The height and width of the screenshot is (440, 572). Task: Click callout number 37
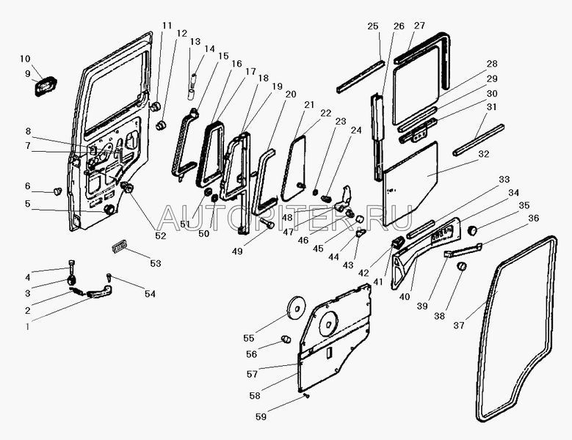tap(458, 325)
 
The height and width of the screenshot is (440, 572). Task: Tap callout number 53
tap(156, 263)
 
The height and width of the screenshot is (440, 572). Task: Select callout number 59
tap(261, 417)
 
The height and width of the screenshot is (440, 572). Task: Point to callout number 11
tap(167, 26)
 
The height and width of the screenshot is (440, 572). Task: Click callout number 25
tap(373, 26)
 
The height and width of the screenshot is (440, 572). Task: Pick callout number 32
tap(483, 154)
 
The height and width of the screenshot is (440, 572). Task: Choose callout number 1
tap(27, 327)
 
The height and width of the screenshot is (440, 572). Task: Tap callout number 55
tap(248, 338)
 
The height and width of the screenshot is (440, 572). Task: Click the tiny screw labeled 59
tap(307, 396)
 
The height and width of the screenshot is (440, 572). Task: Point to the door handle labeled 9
tap(46, 87)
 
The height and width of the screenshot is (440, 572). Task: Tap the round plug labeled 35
tap(473, 230)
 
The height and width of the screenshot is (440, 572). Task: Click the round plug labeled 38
tap(462, 266)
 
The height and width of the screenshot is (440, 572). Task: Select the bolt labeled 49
tap(267, 223)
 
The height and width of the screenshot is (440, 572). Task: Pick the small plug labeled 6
tap(57, 191)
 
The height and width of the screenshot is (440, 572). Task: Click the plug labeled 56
tap(286, 339)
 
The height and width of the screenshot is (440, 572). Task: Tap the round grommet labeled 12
tap(161, 125)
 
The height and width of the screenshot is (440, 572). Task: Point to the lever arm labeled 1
tap(99, 292)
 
